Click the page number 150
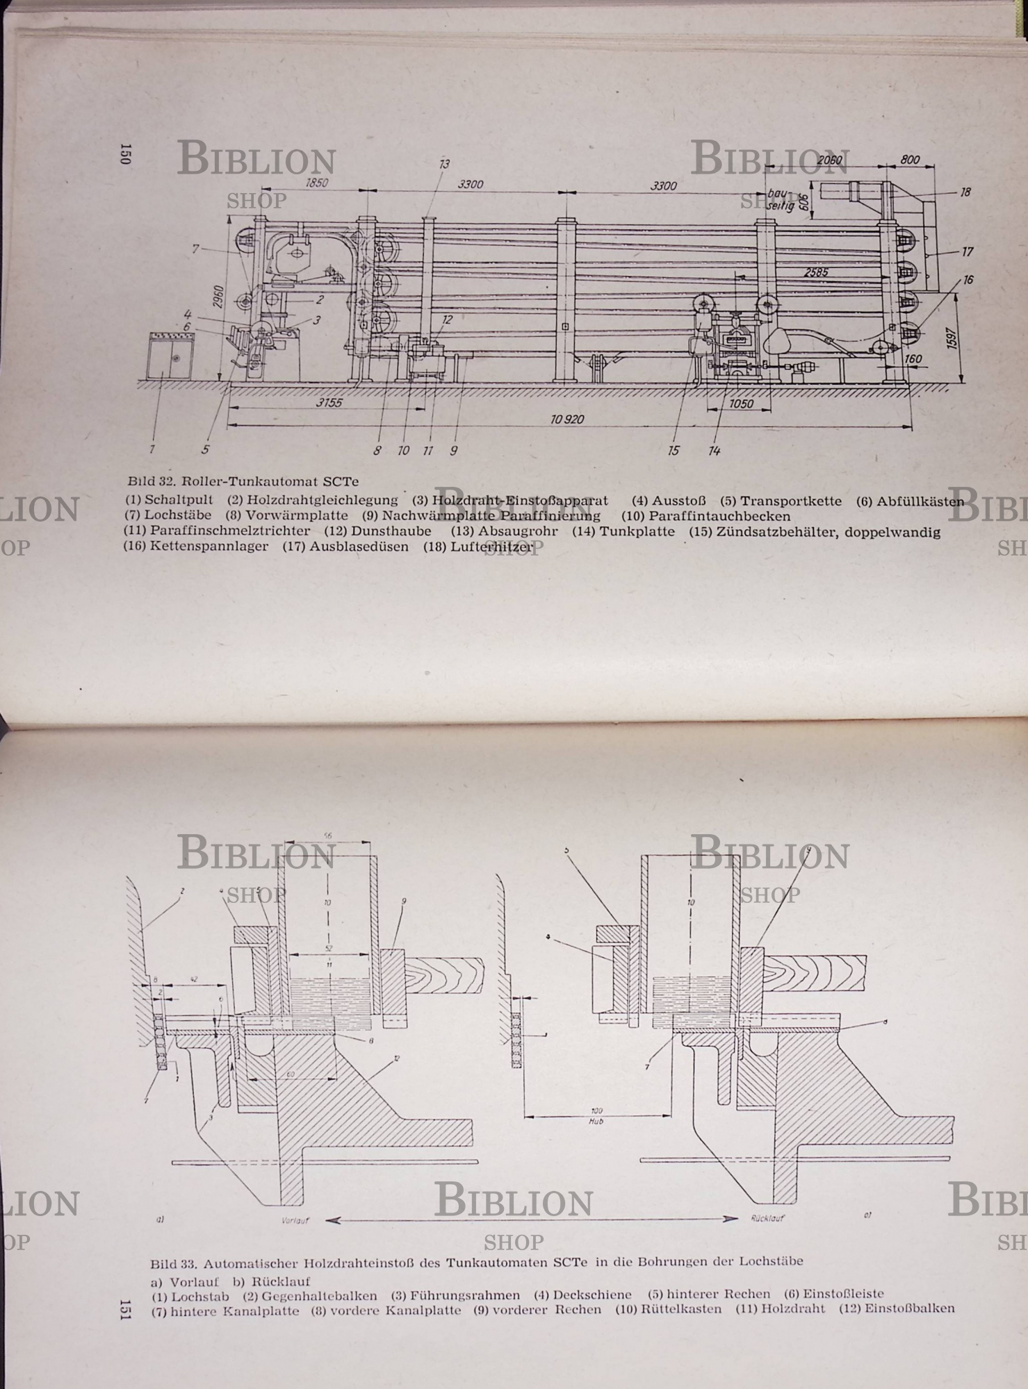tap(125, 153)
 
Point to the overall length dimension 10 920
tap(567, 419)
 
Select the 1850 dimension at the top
tap(316, 183)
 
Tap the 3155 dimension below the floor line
tap(329, 403)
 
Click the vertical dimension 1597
tap(952, 338)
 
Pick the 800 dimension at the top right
tap(910, 160)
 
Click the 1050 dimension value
tap(742, 404)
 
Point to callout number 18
tap(965, 192)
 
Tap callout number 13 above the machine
tap(444, 164)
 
